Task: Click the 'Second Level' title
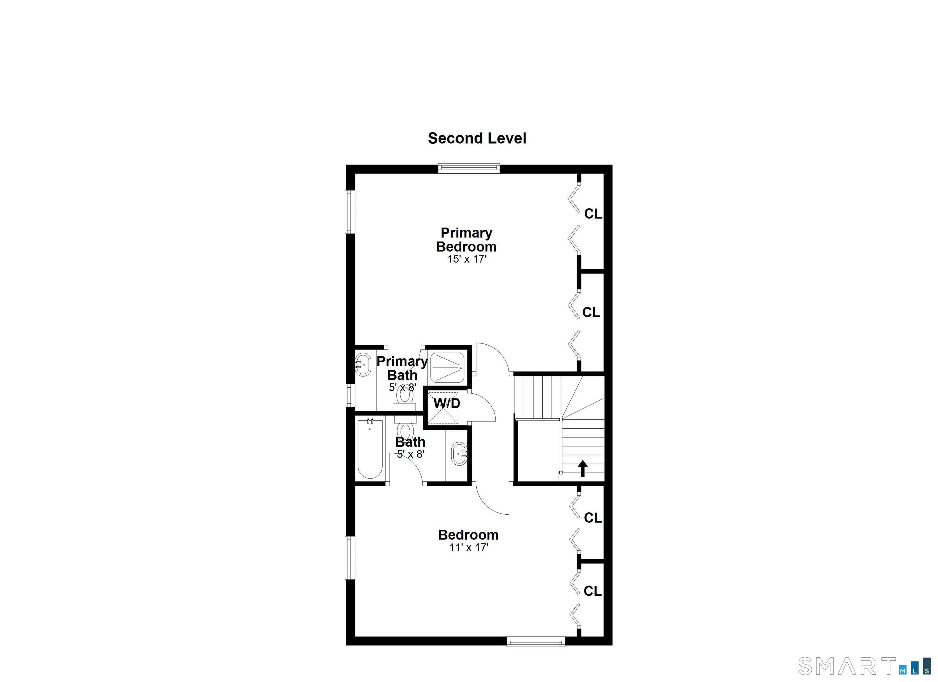click(477, 138)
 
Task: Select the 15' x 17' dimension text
click(467, 259)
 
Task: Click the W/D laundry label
click(447, 403)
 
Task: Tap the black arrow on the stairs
click(583, 469)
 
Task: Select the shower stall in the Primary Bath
click(448, 367)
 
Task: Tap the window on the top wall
click(469, 168)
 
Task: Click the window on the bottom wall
click(536, 642)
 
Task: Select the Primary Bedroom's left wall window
click(350, 212)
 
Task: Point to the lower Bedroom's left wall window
click(350, 557)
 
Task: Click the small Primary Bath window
click(350, 395)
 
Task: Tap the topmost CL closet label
click(593, 214)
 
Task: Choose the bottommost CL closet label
click(593, 591)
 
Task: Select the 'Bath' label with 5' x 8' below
click(410, 442)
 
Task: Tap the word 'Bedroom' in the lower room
click(468, 535)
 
